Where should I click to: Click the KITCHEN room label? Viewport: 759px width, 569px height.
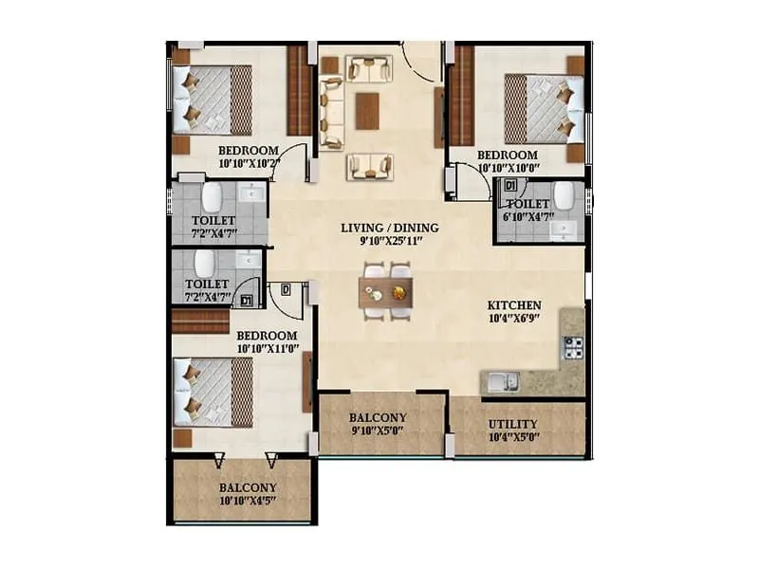(x=513, y=304)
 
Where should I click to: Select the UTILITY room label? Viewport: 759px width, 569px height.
(x=512, y=424)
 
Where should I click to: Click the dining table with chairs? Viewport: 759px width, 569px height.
(x=387, y=293)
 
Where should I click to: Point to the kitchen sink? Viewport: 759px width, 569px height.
(x=501, y=382)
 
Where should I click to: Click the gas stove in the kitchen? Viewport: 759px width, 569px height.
(x=572, y=349)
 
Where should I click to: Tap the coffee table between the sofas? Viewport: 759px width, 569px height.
(x=367, y=110)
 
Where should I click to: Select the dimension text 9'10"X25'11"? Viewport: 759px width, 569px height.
(x=389, y=242)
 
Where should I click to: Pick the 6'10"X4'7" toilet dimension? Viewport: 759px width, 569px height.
(x=527, y=216)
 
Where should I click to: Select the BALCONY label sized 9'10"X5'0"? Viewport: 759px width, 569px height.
(x=378, y=417)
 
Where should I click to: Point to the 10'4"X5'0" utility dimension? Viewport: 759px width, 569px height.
(x=512, y=437)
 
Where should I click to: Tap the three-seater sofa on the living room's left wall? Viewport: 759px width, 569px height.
(x=331, y=113)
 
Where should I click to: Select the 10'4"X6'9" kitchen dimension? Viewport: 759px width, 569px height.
(x=513, y=318)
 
